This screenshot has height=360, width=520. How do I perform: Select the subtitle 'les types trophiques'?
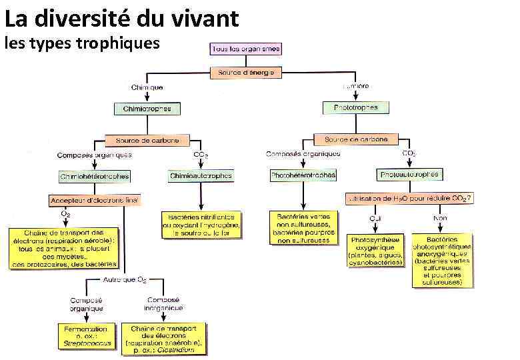83,43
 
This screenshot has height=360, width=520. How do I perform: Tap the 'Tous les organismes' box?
245,49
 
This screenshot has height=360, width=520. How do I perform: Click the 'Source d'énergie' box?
246,72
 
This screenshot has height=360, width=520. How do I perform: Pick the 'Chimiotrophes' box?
147,109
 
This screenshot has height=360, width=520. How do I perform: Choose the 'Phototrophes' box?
355,107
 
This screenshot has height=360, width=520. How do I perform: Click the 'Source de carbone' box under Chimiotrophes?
147,141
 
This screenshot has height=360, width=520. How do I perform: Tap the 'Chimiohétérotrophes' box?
95,177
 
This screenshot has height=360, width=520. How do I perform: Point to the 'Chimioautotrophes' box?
201,176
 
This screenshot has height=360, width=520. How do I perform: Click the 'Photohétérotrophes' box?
303,175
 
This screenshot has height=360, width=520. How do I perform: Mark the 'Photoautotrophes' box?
409,175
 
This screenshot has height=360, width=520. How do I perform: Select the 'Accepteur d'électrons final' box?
95,200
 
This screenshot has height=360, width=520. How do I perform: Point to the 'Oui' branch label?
376,219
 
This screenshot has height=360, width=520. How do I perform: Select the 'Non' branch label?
440,219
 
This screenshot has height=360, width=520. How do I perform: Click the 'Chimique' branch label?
147,87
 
